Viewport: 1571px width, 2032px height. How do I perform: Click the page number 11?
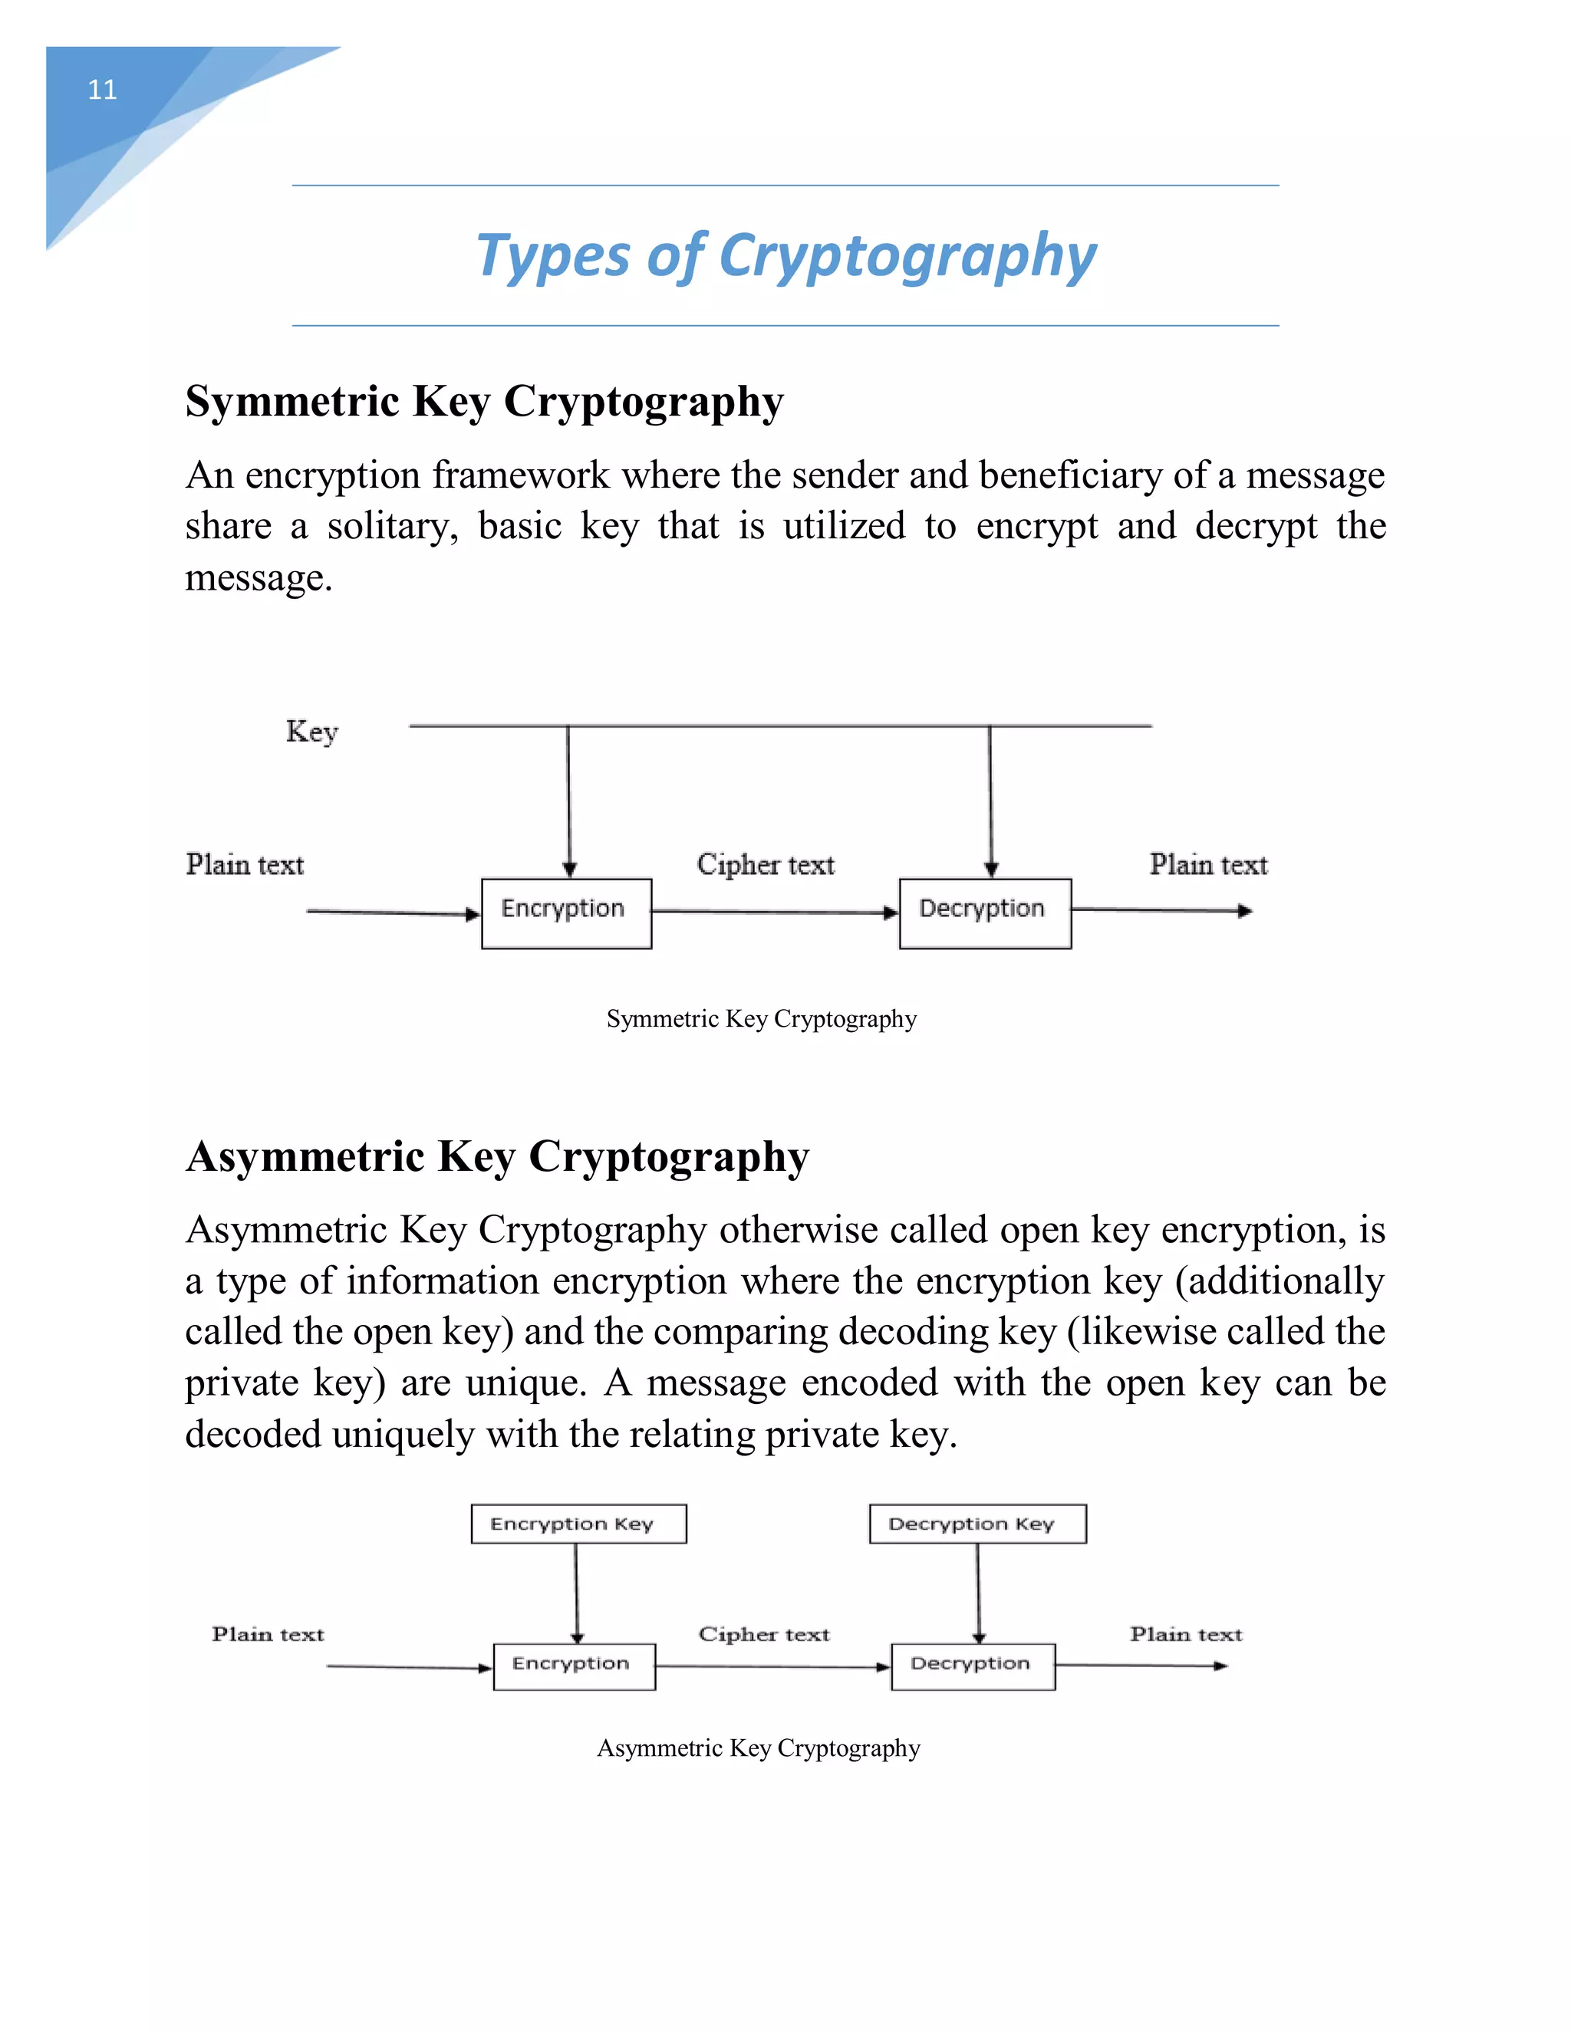[102, 90]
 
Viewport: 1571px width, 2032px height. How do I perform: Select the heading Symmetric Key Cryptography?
[484, 402]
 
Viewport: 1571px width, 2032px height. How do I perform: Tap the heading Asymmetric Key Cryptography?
[497, 1157]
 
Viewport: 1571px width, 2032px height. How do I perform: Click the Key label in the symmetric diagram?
[311, 732]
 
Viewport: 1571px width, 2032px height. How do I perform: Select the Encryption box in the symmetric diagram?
[566, 912]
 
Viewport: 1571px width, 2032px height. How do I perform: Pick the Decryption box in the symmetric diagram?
[985, 912]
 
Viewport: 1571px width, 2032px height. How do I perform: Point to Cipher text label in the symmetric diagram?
[765, 864]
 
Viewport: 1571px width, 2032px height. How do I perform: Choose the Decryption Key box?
[977, 1524]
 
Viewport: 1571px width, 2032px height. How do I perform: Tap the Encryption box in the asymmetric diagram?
[575, 1666]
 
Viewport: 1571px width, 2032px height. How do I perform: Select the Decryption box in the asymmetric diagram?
[973, 1666]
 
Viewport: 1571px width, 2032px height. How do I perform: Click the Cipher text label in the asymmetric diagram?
[764, 1635]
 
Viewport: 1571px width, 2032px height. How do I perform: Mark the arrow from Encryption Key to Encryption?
[576, 1593]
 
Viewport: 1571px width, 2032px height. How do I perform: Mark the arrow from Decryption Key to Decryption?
[978, 1593]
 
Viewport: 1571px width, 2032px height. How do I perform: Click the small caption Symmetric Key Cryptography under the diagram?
[761, 1019]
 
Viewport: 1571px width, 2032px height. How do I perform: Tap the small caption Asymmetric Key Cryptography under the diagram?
[759, 1748]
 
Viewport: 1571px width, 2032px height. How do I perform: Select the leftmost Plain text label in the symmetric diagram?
[245, 864]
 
